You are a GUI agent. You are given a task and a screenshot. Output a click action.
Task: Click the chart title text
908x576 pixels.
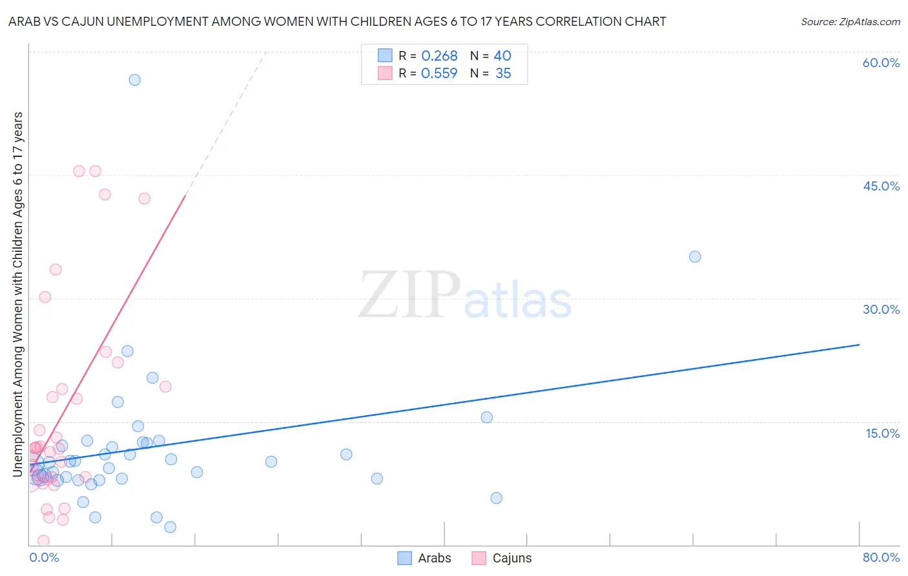[x=337, y=21]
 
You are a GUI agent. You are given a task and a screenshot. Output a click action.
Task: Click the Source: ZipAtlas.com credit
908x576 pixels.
[x=850, y=21]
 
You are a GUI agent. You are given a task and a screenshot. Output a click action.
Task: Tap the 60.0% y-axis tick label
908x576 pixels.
[x=881, y=63]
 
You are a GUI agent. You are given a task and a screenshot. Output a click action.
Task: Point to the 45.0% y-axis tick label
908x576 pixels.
[x=881, y=186]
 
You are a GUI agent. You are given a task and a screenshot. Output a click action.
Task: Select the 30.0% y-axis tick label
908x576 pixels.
[x=881, y=309]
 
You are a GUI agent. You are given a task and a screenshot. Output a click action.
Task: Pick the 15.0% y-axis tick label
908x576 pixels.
[x=882, y=433]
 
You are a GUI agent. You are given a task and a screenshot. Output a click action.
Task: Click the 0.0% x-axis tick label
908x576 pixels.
[x=44, y=557]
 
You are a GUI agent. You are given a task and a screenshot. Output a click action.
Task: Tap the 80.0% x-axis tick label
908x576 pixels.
[x=881, y=557]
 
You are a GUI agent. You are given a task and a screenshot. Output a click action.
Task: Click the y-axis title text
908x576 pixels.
[x=17, y=294]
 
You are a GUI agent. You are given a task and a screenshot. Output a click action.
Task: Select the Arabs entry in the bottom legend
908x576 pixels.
[x=434, y=558]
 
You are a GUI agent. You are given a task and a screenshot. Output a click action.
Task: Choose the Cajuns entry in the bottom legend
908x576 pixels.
[x=511, y=558]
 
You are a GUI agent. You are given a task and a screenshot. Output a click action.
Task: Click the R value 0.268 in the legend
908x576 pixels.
[x=439, y=56]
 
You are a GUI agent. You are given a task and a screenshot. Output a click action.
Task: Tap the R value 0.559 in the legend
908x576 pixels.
[x=439, y=74]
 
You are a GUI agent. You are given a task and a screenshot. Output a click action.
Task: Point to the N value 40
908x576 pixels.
[x=502, y=56]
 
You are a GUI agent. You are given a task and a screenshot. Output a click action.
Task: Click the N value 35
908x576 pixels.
[x=503, y=74]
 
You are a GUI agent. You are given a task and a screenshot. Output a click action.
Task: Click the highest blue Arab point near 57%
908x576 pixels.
[x=134, y=80]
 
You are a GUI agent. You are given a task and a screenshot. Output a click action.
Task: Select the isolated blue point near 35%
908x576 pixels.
[x=695, y=257]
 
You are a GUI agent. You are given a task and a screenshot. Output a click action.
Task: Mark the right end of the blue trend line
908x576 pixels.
[x=859, y=345]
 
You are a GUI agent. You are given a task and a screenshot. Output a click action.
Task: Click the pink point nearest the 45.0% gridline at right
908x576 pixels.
[x=95, y=171]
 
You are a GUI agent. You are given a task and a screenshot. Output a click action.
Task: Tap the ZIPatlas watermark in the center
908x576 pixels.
[x=465, y=296]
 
